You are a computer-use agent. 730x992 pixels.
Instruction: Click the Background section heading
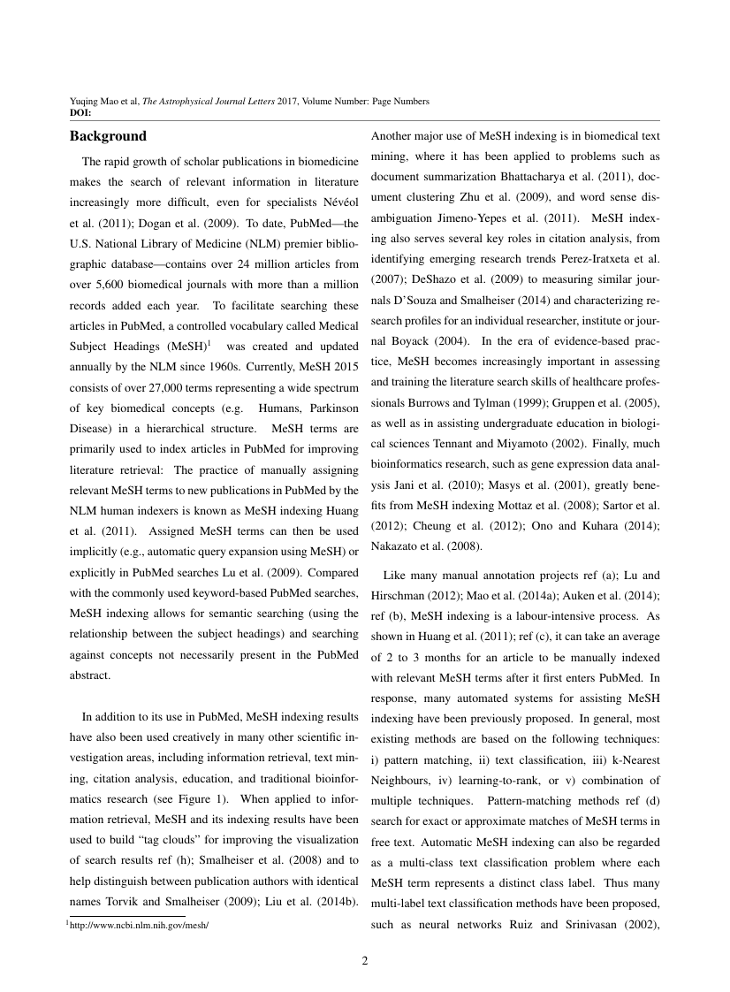coord(108,137)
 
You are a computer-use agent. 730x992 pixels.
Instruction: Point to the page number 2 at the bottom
coord(364,961)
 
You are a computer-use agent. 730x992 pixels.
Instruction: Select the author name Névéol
coord(337,202)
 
